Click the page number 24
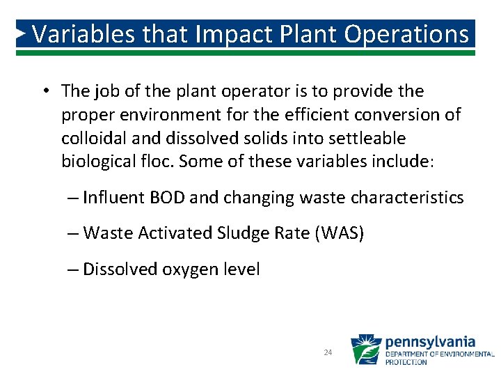[x=328, y=353]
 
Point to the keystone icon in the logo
[x=365, y=350]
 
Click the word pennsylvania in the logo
[x=430, y=342]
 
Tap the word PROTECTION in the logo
[x=406, y=363]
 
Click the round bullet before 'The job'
[x=44, y=91]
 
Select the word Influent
[x=111, y=198]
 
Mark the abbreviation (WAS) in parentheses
[x=340, y=233]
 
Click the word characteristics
[x=407, y=198]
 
